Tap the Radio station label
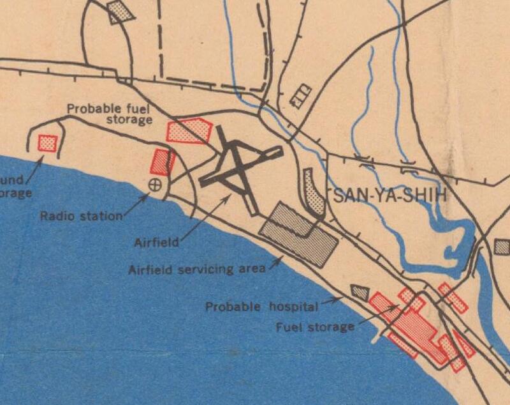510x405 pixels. [x=81, y=216]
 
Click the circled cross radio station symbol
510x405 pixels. [x=154, y=185]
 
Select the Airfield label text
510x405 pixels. [x=157, y=243]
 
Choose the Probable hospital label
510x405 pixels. [x=261, y=307]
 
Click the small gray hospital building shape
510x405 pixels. [x=360, y=293]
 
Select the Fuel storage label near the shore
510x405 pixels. [x=314, y=328]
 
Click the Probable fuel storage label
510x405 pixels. [x=110, y=114]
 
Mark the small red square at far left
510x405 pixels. [x=47, y=142]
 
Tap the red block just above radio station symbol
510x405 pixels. [x=163, y=162]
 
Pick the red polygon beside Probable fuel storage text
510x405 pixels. [x=188, y=131]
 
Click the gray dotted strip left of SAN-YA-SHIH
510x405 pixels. [x=314, y=190]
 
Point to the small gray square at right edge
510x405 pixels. [x=502, y=247]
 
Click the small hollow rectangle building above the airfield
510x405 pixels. [x=300, y=95]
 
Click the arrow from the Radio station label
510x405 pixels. [x=136, y=204]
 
